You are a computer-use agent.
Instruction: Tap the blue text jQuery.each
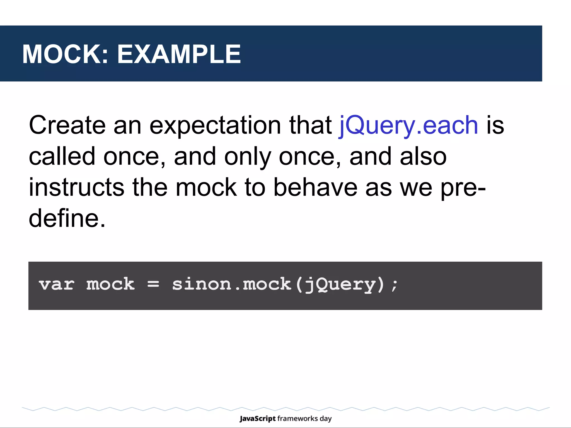[x=408, y=125]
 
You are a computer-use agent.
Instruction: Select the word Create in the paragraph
[x=67, y=125]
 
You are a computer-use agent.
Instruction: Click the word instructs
[x=76, y=187]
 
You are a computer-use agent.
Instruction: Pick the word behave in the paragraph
[x=315, y=187]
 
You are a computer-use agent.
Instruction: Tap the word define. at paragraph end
[x=67, y=218]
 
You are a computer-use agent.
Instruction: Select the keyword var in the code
[x=57, y=284]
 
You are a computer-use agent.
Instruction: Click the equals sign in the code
[x=153, y=284]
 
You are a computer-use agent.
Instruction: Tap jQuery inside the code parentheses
[x=340, y=285]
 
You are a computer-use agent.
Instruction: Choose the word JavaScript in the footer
[x=257, y=419]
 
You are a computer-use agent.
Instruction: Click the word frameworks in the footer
[x=297, y=419]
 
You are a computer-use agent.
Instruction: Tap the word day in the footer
[x=326, y=419]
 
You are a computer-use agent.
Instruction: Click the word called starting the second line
[x=62, y=156]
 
